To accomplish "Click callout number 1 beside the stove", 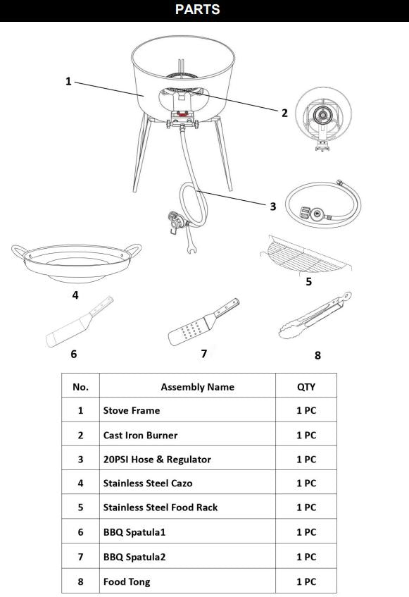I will (x=68, y=81).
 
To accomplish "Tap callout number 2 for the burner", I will (x=284, y=113).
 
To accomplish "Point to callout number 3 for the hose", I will (x=273, y=206).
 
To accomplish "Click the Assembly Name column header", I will (x=197, y=386).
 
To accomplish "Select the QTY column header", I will (x=306, y=386).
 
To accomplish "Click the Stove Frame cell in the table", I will (x=132, y=410).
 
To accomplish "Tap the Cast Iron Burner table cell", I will (x=140, y=435).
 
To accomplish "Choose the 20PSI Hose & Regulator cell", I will (x=157, y=460).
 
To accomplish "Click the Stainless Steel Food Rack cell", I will (x=161, y=507).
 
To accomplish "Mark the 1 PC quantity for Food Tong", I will (x=306, y=581).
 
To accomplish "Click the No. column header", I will (x=80, y=386).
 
